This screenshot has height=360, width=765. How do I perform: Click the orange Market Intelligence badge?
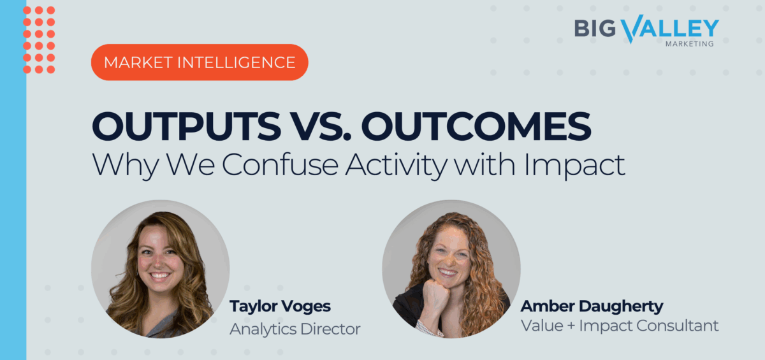pos(200,62)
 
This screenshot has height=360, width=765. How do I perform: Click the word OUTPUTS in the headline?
pos(186,126)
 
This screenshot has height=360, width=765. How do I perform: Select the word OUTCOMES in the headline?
pos(476,126)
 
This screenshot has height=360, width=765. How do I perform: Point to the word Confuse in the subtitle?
pos(280,165)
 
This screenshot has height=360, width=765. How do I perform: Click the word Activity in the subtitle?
pos(396,166)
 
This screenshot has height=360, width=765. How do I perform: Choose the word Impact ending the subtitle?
pos(575,166)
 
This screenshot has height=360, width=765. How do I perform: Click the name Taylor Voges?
pos(280,306)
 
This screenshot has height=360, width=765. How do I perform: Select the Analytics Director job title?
pos(295,329)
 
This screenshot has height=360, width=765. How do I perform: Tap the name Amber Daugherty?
pos(592,306)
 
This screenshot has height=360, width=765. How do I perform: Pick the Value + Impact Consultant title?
pos(620,326)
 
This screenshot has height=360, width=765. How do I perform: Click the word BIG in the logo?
pos(595,28)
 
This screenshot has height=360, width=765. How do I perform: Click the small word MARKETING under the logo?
pos(690,44)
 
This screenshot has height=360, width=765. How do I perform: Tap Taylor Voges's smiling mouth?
pos(159,275)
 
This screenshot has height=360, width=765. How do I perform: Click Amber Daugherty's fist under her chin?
pos(435,294)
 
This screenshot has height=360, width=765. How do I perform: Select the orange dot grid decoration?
pos(39,40)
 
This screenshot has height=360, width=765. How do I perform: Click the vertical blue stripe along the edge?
pos(13,180)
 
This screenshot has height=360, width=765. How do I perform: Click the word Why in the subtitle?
pos(126,166)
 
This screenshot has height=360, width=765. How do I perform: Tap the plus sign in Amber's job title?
pos(571,326)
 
